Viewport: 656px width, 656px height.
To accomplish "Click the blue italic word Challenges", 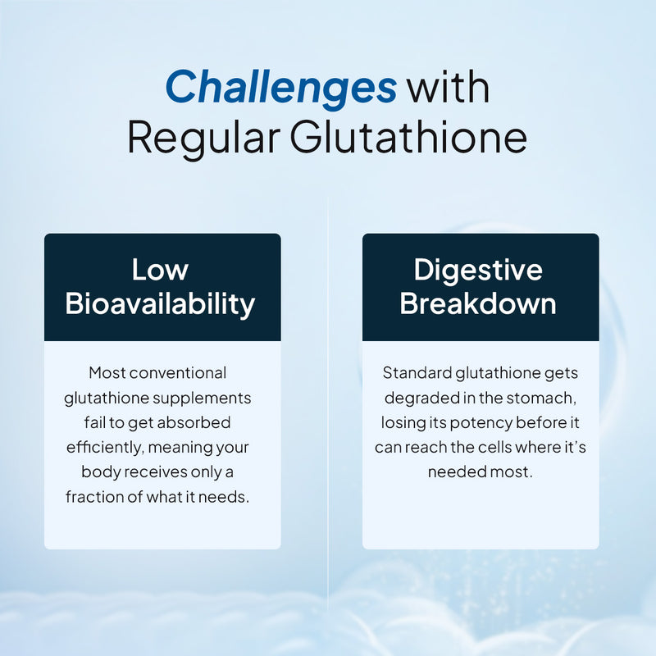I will (x=281, y=87).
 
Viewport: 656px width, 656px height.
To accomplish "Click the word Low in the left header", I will (x=161, y=270).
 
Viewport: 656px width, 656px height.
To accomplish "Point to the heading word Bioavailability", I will (x=161, y=303).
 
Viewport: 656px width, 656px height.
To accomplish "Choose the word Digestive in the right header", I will (x=478, y=270).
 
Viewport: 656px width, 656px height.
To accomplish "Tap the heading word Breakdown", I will (x=478, y=303).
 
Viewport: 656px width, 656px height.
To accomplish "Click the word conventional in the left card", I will (x=179, y=373).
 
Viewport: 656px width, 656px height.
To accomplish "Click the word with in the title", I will (x=449, y=87).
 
